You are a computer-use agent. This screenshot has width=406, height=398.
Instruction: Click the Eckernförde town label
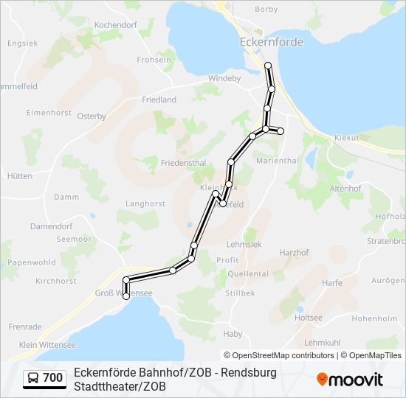(272, 43)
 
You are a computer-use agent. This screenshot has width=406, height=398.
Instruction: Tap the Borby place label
(266, 10)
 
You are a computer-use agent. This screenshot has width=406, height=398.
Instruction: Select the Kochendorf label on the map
(116, 25)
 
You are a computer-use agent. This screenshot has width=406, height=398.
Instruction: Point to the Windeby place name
(224, 78)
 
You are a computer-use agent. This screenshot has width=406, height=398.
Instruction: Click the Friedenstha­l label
(184, 161)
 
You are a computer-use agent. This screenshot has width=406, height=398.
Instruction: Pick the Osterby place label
(92, 116)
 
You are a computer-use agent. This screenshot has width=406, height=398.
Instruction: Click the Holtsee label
(309, 318)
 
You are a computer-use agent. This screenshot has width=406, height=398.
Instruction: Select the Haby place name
(233, 334)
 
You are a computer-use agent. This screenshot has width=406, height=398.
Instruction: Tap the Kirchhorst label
(56, 282)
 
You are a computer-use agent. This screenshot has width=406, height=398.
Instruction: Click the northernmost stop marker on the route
(268, 66)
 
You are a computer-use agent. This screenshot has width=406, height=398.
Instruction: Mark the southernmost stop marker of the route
(126, 296)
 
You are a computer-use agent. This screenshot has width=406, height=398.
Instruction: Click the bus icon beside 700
(34, 378)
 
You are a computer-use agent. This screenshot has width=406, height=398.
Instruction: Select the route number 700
(53, 378)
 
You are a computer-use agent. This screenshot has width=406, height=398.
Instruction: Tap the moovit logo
(350, 380)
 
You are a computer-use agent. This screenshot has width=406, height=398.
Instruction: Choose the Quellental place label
(249, 273)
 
